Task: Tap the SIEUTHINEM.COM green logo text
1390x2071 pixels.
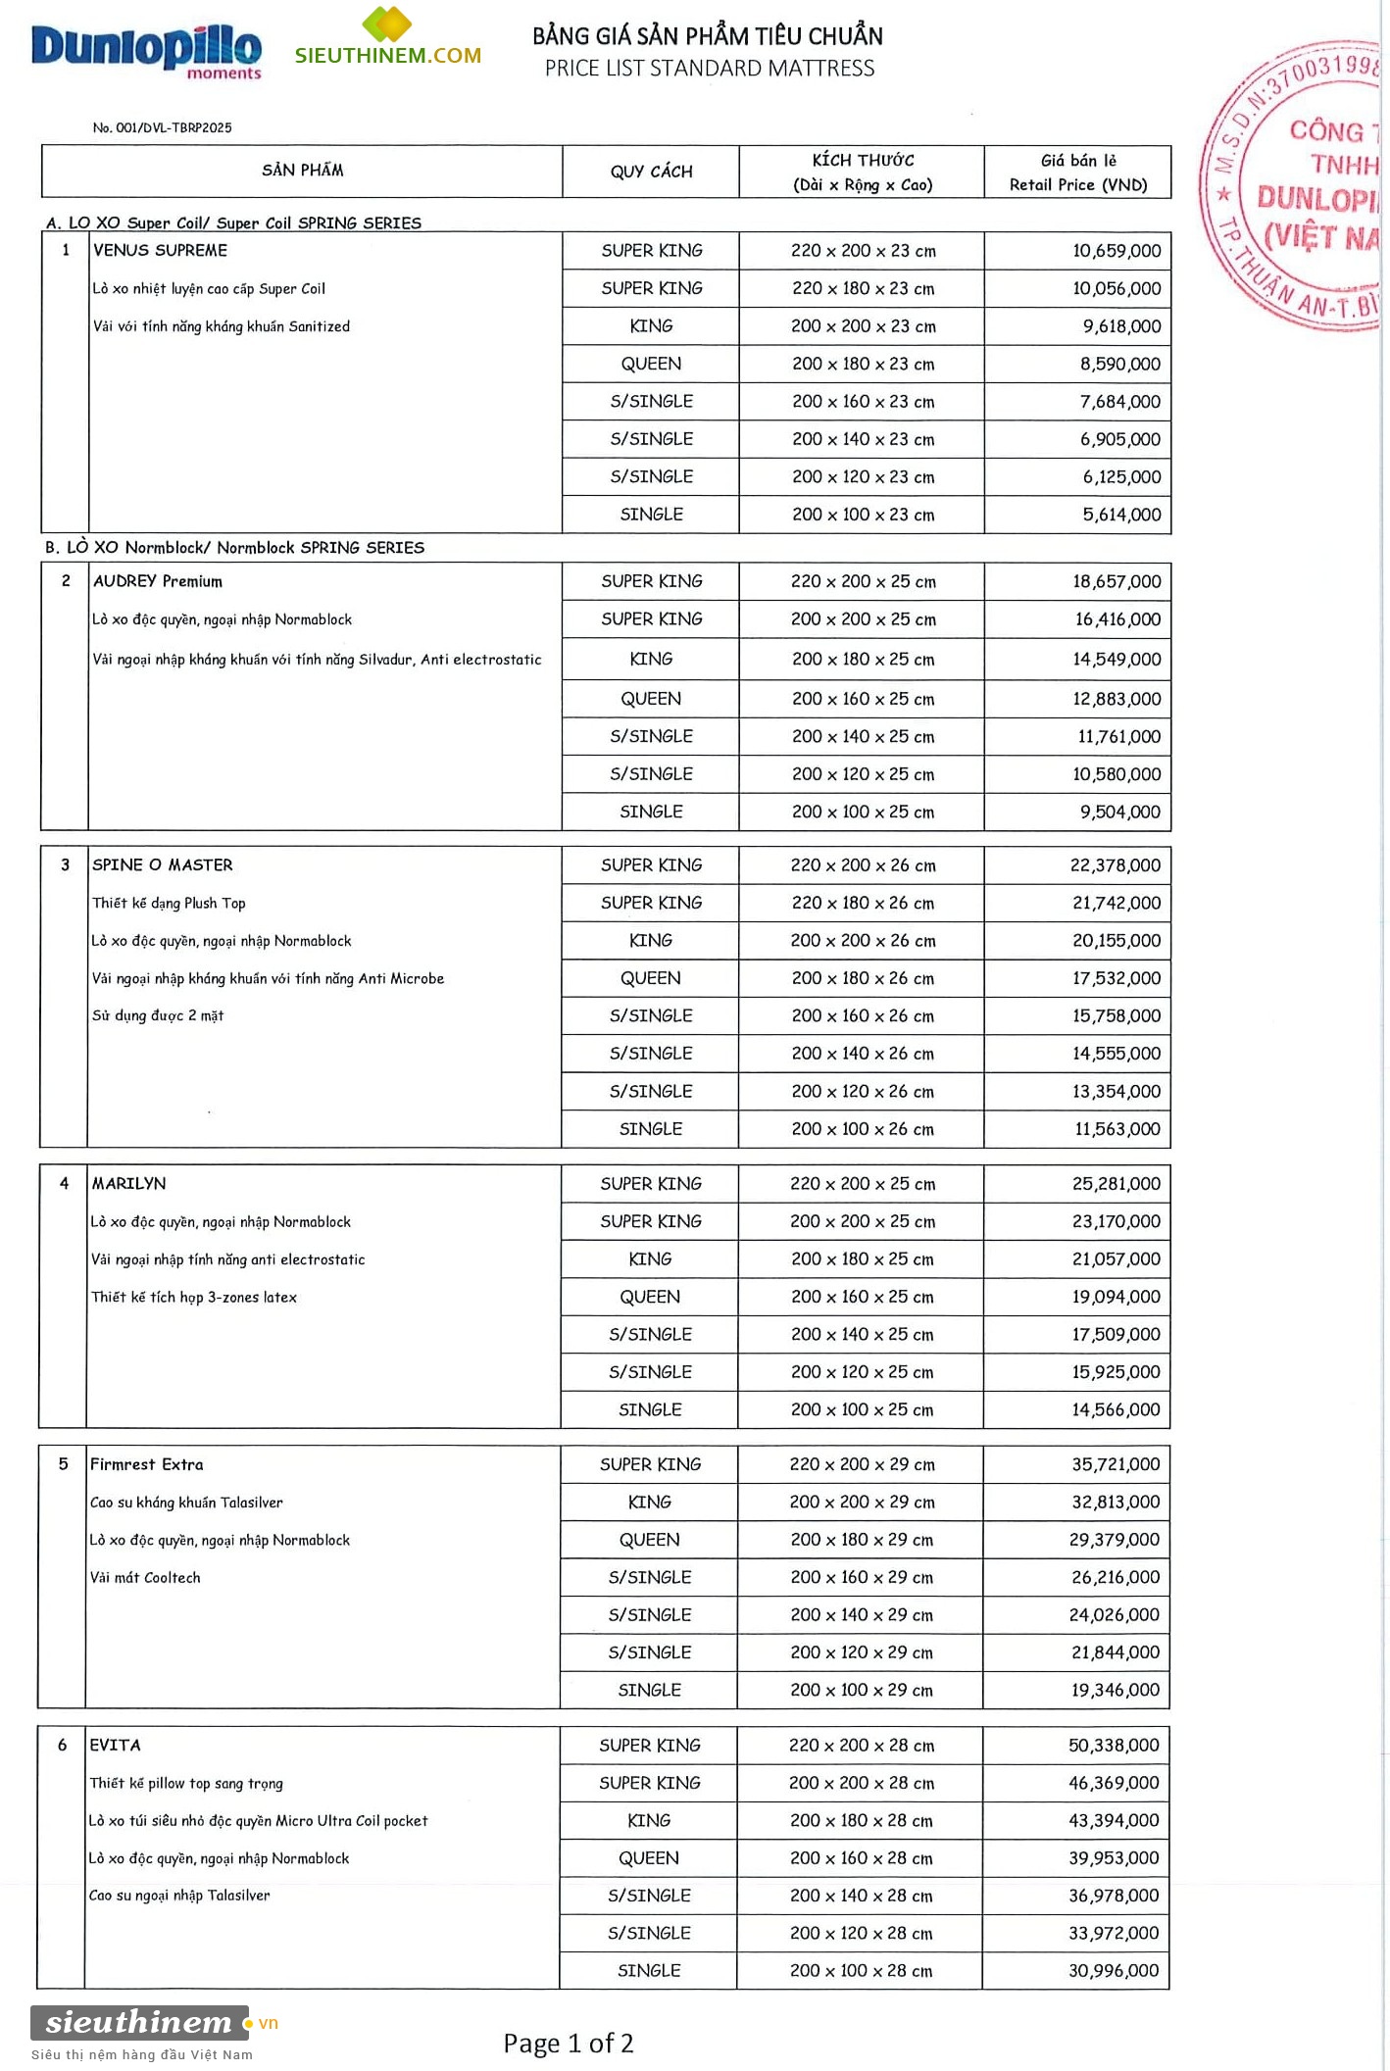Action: click(x=388, y=55)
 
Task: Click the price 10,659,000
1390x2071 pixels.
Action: click(x=1116, y=251)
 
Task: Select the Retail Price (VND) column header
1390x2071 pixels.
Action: click(x=1077, y=173)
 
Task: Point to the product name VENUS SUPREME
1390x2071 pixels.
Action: click(x=160, y=251)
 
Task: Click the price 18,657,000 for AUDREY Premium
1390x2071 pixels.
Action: click(x=1116, y=581)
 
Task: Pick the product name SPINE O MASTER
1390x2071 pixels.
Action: click(x=163, y=864)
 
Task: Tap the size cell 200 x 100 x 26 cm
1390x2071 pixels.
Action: click(x=862, y=1129)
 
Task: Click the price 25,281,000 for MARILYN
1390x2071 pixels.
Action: click(x=1116, y=1184)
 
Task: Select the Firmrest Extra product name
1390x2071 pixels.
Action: click(x=147, y=1464)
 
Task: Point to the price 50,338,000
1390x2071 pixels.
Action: click(x=1114, y=1746)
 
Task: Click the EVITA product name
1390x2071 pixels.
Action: click(x=116, y=1746)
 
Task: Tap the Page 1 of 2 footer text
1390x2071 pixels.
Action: click(x=568, y=2044)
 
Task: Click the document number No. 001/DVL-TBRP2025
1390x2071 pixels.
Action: click(x=162, y=127)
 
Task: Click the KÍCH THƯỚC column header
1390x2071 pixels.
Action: click(x=862, y=173)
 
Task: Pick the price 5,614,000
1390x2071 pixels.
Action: click(x=1120, y=515)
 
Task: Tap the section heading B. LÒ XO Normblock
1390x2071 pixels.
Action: click(x=234, y=548)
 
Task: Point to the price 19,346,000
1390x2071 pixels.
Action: click(x=1115, y=1690)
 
